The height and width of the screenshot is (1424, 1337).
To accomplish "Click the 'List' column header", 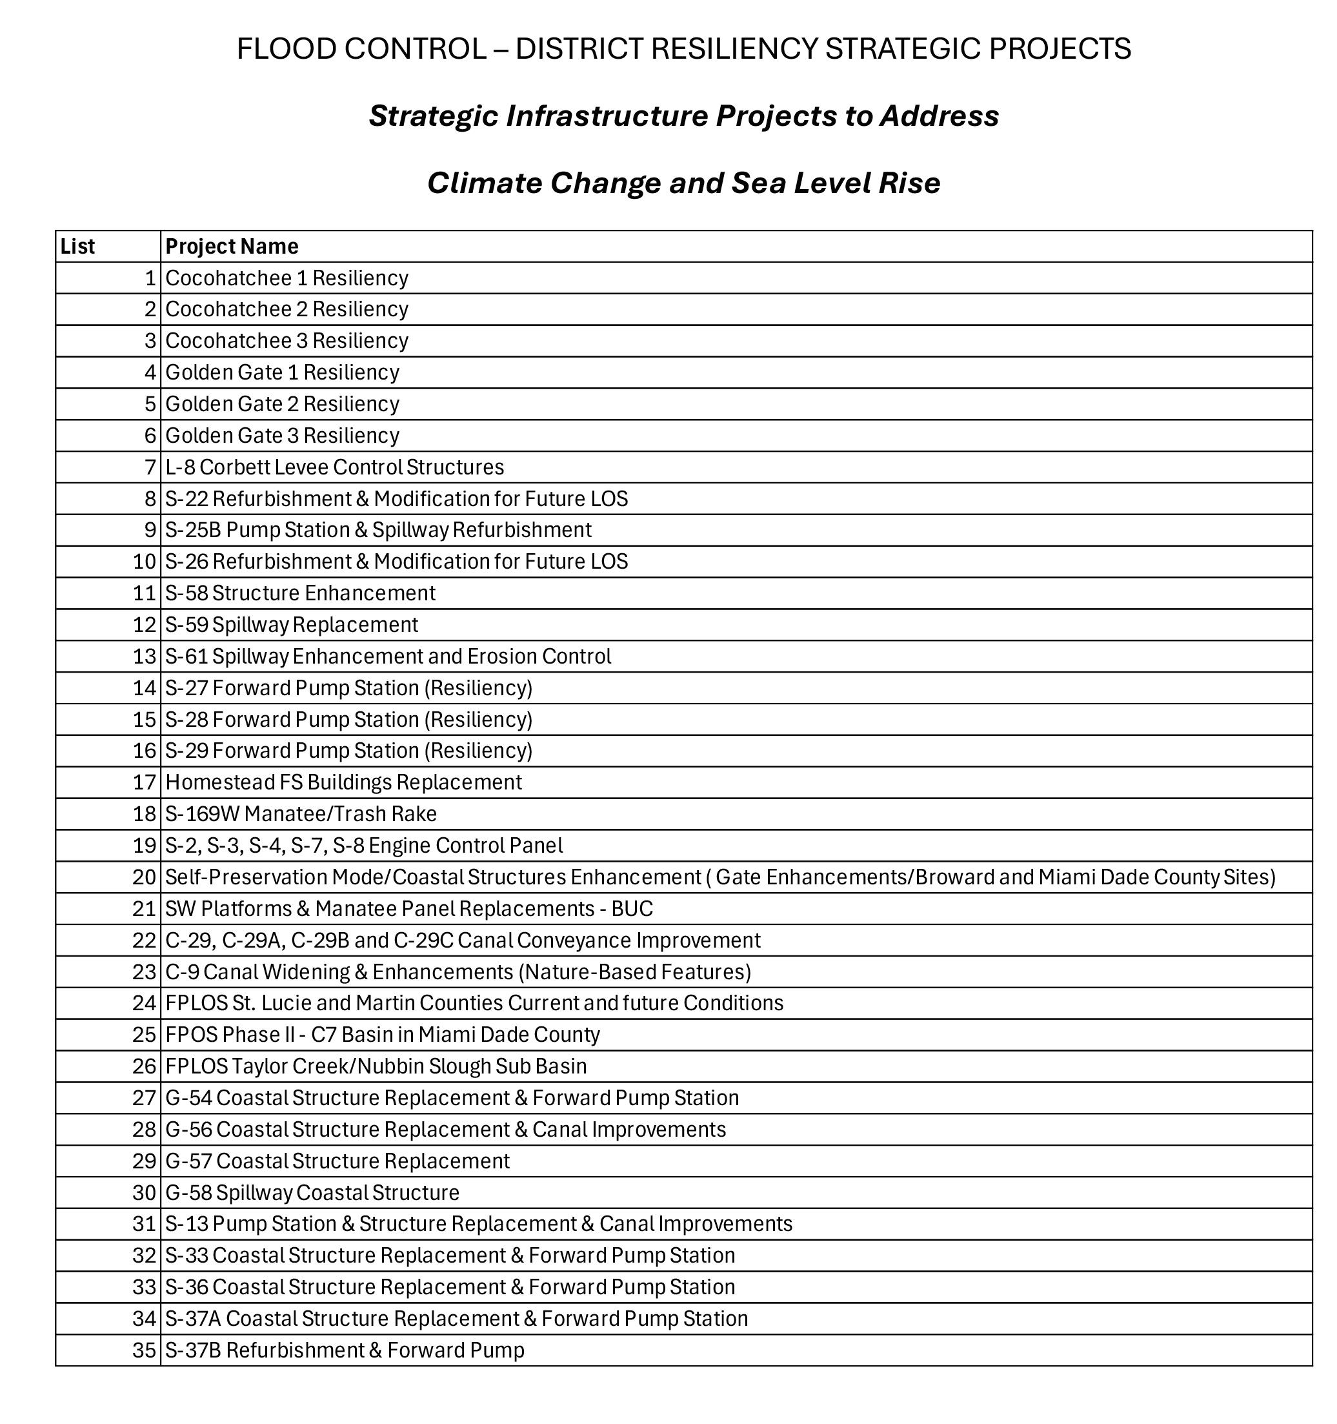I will coord(77,247).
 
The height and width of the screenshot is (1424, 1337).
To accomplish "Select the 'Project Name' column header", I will coord(231,247).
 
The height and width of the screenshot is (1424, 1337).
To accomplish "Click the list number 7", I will coord(150,467).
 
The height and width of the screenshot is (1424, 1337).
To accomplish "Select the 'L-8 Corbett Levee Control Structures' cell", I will coord(334,467).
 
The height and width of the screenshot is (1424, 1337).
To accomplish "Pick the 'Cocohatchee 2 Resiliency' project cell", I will coord(286,309).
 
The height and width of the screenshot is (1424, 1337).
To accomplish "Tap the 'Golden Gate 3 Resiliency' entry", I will coord(282,436).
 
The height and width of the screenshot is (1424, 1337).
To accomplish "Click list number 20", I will coord(144,877).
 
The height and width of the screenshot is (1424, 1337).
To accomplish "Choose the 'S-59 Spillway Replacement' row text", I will coord(292,625).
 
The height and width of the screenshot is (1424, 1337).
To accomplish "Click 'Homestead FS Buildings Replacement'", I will coord(343,782).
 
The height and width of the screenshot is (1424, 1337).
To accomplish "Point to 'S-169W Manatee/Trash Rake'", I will coord(301,814).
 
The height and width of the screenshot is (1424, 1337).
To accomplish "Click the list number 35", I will coord(144,1350).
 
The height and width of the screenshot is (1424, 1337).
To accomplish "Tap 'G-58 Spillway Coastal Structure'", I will coord(312,1193).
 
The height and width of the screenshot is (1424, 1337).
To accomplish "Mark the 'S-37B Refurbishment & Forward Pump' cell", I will coord(345,1350).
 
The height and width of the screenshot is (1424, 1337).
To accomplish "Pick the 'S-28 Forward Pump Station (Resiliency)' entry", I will coord(348,719).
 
